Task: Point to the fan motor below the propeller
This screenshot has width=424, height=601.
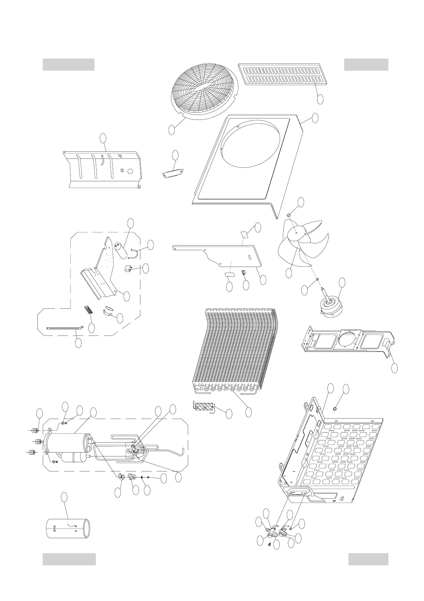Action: pyautogui.click(x=329, y=305)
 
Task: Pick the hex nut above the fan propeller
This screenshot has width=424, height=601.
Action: pyautogui.click(x=289, y=215)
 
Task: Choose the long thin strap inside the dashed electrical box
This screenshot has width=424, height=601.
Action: pyautogui.click(x=64, y=328)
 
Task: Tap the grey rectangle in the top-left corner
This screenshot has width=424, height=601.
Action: pyautogui.click(x=68, y=65)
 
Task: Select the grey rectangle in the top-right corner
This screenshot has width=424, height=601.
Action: pyautogui.click(x=366, y=65)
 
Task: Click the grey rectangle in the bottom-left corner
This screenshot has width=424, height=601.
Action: pyautogui.click(x=69, y=559)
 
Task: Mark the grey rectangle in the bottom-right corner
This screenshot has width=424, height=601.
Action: pyautogui.click(x=368, y=559)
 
